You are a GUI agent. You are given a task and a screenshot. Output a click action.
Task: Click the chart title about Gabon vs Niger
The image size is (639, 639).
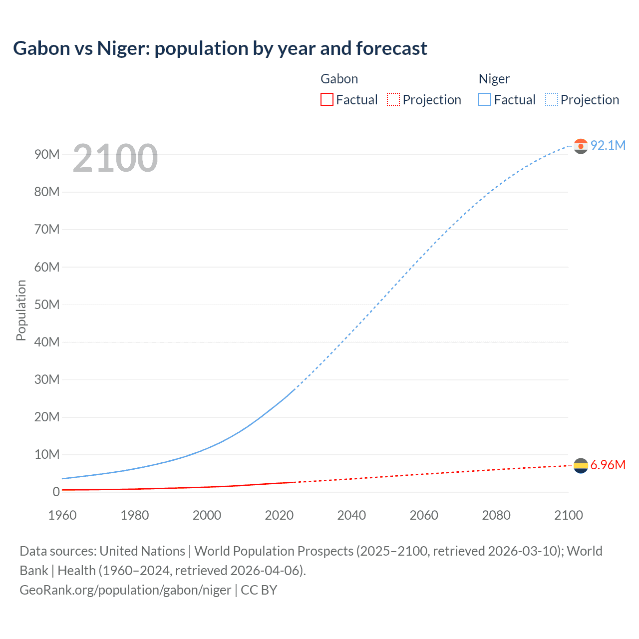tap(220, 48)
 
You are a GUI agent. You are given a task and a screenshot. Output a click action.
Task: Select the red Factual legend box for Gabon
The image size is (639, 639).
tap(326, 99)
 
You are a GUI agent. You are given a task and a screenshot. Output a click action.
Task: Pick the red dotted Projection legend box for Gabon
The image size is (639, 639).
tap(393, 99)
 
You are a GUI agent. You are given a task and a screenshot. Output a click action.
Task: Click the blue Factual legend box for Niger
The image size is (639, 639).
tap(484, 99)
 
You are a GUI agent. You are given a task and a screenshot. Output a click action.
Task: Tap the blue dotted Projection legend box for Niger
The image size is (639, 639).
tap(552, 99)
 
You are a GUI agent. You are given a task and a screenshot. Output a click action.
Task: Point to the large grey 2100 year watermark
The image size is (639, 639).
tap(115, 158)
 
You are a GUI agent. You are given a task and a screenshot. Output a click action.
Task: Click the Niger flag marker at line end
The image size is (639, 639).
tap(581, 146)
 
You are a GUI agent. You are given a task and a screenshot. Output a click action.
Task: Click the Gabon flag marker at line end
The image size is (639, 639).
tap(581, 465)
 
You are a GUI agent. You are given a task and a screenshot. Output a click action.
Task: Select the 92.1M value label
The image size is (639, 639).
tap(608, 145)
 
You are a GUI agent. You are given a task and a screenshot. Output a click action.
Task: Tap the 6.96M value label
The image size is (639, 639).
tap(608, 465)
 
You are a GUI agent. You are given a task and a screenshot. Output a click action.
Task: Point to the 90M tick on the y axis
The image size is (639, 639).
tap(47, 154)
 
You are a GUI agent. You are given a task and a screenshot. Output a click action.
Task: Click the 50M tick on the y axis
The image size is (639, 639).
tap(47, 305)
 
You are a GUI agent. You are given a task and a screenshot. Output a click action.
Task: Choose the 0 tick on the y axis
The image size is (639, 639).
tap(56, 492)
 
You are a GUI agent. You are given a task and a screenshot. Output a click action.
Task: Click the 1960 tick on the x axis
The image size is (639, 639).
tap(62, 515)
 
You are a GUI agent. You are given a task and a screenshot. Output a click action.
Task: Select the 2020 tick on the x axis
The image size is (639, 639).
tap(279, 515)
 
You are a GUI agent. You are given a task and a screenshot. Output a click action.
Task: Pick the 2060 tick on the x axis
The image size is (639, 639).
tap(424, 515)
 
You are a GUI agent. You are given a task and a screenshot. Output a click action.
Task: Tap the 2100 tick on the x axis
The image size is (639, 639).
tap(568, 515)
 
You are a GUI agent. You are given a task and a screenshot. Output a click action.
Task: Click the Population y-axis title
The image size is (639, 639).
tap(21, 310)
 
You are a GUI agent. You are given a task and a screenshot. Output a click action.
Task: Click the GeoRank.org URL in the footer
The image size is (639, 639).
tap(125, 590)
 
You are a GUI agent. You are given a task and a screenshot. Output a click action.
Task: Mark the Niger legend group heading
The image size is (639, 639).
tap(494, 79)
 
